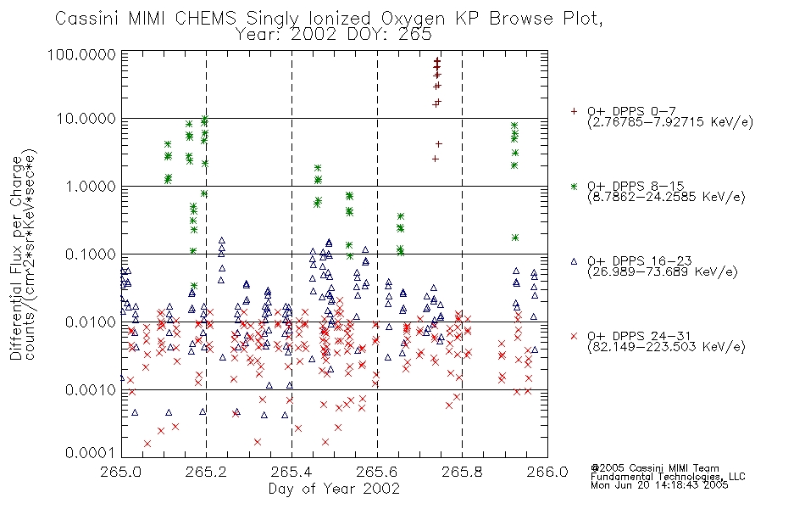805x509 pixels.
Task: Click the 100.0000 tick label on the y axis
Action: pos(81,54)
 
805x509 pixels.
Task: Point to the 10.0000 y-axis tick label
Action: pos(86,119)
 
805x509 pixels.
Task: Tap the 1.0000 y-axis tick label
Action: pos(90,187)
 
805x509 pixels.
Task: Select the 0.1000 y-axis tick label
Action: pos(90,255)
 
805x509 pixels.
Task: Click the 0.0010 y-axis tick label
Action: pos(90,390)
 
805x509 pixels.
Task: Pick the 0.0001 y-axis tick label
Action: pos(90,453)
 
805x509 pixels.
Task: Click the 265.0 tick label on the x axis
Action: pos(122,472)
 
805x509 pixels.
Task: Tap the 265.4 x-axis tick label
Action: pos(292,472)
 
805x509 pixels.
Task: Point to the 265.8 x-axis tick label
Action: pos(462,472)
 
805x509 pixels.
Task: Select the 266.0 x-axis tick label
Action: pos(547,472)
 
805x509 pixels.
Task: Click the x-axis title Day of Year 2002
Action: pos(334,489)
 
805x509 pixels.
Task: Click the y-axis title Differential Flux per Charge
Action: pos(16,258)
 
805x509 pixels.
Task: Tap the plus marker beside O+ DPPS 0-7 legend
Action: pos(574,111)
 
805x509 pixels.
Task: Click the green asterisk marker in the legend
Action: pos(574,186)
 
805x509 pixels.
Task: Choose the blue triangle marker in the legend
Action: pos(574,261)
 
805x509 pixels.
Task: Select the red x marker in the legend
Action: pos(574,336)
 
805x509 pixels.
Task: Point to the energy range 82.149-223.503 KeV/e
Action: pos(666,347)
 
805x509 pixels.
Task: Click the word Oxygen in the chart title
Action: pos(414,19)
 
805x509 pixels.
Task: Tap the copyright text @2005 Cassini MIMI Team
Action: pos(655,468)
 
